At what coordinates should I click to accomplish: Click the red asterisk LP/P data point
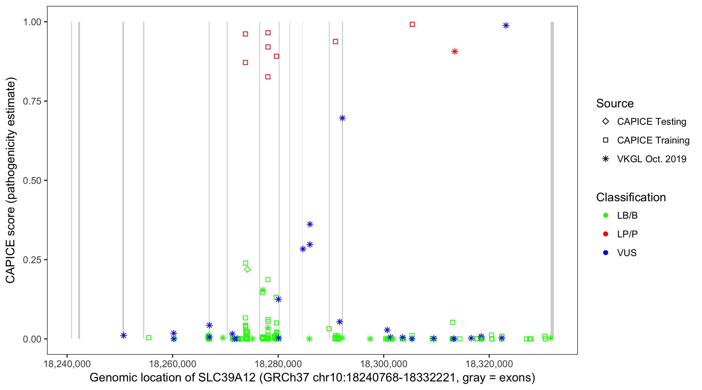click(x=454, y=51)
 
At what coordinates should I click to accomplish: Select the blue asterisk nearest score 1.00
click(x=506, y=25)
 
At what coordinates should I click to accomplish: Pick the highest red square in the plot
click(x=412, y=24)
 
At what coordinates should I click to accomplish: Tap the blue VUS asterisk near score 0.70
click(x=342, y=118)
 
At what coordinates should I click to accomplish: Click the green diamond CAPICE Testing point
click(x=248, y=269)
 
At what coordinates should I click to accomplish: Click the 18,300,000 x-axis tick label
click(x=383, y=364)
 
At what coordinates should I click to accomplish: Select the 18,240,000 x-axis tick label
click(x=67, y=364)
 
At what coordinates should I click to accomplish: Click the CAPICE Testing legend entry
click(x=651, y=122)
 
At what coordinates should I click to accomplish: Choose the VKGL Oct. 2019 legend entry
click(x=651, y=159)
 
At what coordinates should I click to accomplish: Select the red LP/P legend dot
click(x=606, y=234)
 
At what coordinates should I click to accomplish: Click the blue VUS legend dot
click(x=606, y=253)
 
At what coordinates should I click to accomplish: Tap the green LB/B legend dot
click(x=606, y=215)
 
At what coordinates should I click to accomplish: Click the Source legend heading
click(x=615, y=103)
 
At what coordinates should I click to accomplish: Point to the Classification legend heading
click(x=631, y=197)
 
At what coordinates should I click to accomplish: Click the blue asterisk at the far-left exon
click(x=123, y=335)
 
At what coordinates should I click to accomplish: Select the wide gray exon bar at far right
click(x=552, y=180)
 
